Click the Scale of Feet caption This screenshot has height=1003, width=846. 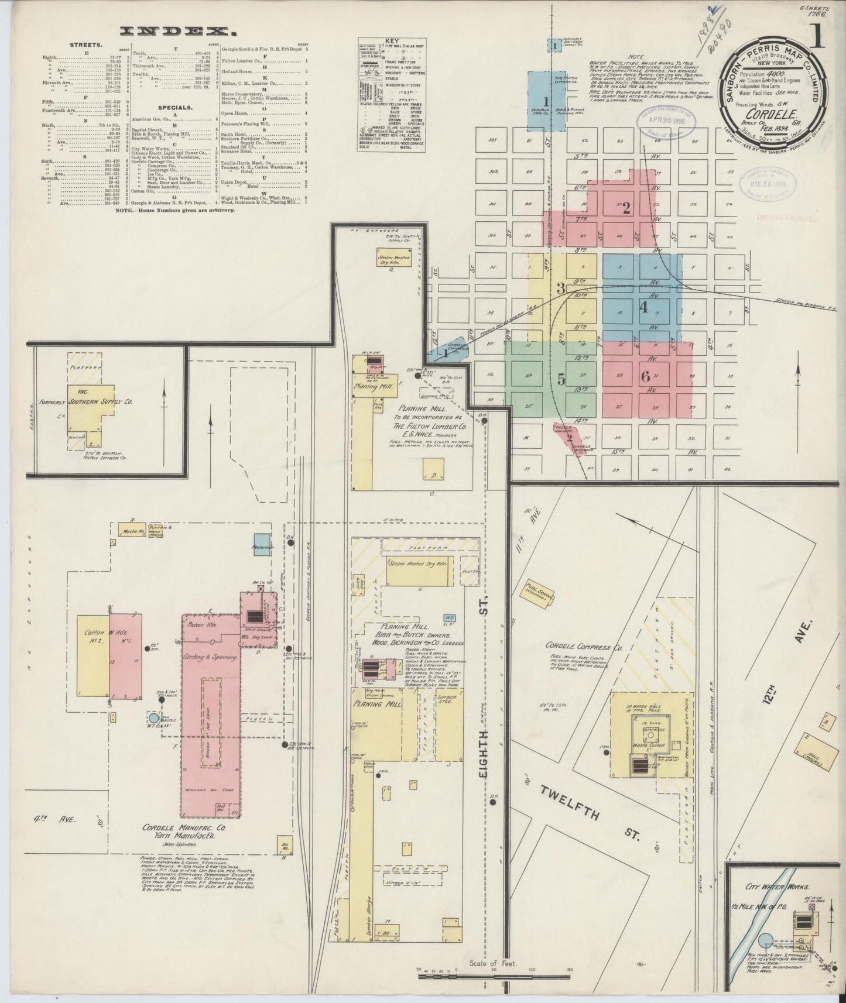[x=493, y=962]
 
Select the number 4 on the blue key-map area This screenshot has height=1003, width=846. [x=643, y=307]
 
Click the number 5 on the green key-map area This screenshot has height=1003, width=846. [x=561, y=380]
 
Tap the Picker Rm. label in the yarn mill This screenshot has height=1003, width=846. [x=203, y=625]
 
